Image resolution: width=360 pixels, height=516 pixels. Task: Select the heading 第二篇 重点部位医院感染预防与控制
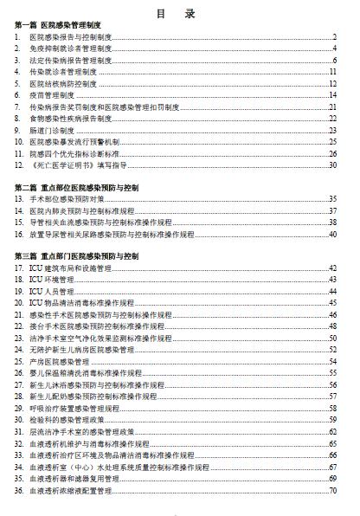pyautogui.click(x=83, y=186)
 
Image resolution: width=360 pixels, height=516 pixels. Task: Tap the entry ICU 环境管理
pyautogui.click(x=51, y=280)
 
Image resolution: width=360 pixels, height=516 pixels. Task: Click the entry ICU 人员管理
pyautogui.click(x=51, y=292)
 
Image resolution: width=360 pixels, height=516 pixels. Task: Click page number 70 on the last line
pyautogui.click(x=332, y=489)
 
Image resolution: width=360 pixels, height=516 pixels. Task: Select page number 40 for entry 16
pyautogui.click(x=332, y=234)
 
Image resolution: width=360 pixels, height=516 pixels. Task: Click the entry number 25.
pyautogui.click(x=20, y=361)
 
